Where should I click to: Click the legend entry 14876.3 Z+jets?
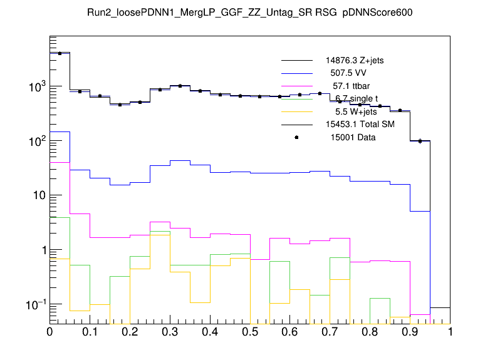click(355, 61)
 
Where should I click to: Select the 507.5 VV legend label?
click(348, 73)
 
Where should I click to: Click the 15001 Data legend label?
click(353, 138)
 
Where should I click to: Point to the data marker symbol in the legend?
click(297, 138)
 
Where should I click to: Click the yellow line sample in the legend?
click(297, 112)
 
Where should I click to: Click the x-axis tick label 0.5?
click(250, 332)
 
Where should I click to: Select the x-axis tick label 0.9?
click(410, 332)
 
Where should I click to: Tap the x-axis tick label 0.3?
click(170, 332)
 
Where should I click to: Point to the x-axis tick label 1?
click(451, 332)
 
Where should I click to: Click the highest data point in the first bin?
click(60, 53)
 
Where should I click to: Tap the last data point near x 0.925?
click(420, 141)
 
